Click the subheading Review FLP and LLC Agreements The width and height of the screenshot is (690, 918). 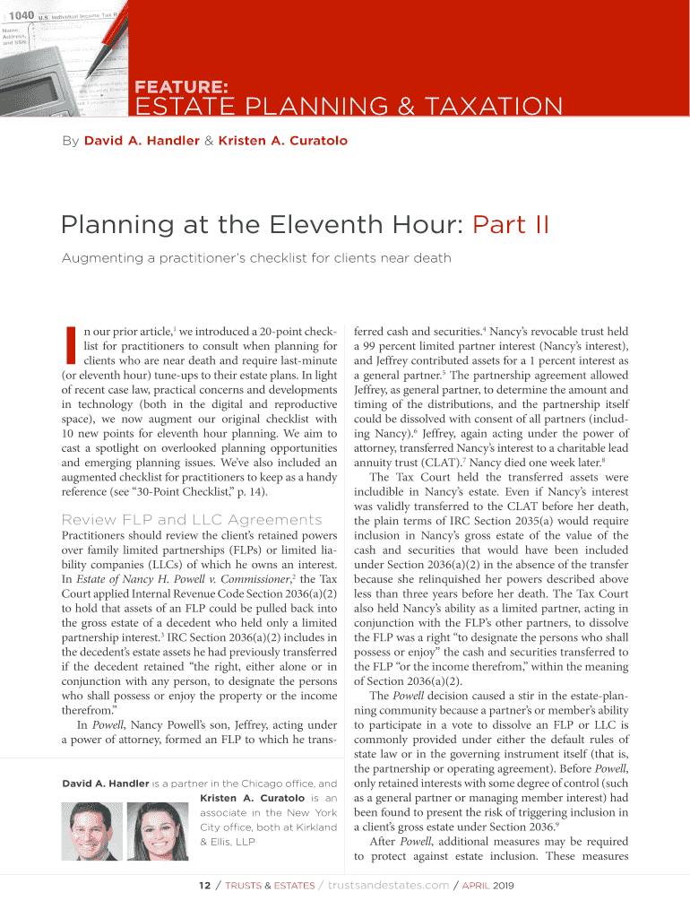[x=191, y=520]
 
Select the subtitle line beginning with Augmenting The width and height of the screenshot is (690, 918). [x=255, y=258]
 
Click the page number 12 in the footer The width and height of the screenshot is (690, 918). [x=204, y=886]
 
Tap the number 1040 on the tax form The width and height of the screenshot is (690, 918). [x=21, y=15]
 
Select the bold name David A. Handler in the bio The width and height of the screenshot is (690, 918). [x=105, y=784]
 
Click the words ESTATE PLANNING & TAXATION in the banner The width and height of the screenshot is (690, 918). [x=349, y=108]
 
